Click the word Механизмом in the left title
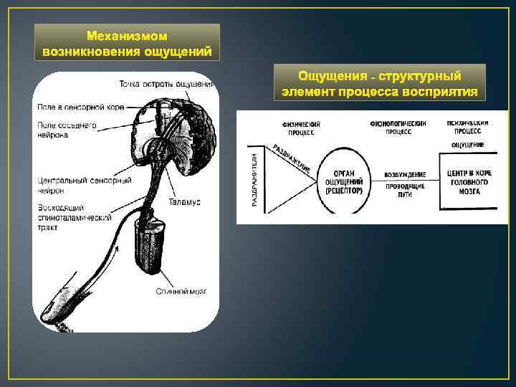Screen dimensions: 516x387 pos(127,36)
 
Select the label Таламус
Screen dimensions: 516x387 pos(185,202)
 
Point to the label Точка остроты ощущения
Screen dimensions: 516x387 pos(167,84)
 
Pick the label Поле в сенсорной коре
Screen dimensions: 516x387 pos(80,107)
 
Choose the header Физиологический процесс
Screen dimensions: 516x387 pos(398,127)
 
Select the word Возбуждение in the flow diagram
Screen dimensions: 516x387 pos(404,174)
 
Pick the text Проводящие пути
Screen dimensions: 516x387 pos(405,190)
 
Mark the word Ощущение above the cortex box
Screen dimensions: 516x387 pos(467,145)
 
